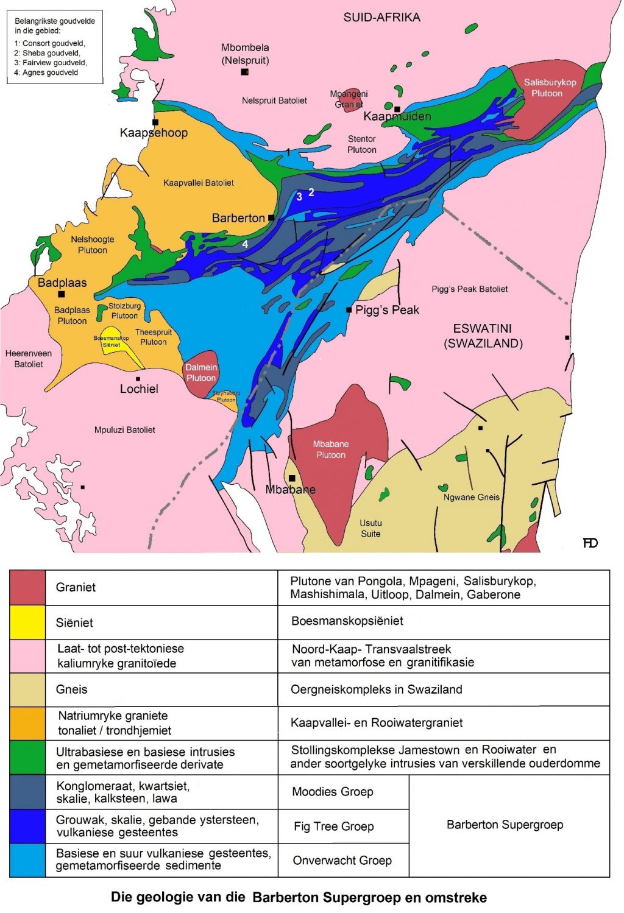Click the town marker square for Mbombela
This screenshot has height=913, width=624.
click(244, 72)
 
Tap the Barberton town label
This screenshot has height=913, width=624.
click(238, 218)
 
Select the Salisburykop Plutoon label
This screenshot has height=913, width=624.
click(550, 88)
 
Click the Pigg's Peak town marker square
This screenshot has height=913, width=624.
click(349, 310)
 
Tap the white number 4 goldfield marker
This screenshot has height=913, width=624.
click(245, 244)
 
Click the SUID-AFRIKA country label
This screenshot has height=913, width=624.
click(381, 17)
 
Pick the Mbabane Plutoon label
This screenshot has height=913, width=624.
click(331, 449)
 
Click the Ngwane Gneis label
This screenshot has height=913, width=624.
click(471, 497)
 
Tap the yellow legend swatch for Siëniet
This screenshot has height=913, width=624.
click(27, 622)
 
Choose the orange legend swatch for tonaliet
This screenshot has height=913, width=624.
click(27, 723)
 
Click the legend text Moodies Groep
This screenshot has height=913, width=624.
click(332, 792)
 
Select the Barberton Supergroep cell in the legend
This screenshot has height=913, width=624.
click(505, 825)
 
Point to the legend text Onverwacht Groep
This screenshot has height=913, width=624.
click(342, 860)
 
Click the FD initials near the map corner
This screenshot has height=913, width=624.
click(590, 543)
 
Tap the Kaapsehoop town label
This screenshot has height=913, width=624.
click(154, 133)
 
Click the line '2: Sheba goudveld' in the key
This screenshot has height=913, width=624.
click(47, 53)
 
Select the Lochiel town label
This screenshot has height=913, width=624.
click(139, 389)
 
